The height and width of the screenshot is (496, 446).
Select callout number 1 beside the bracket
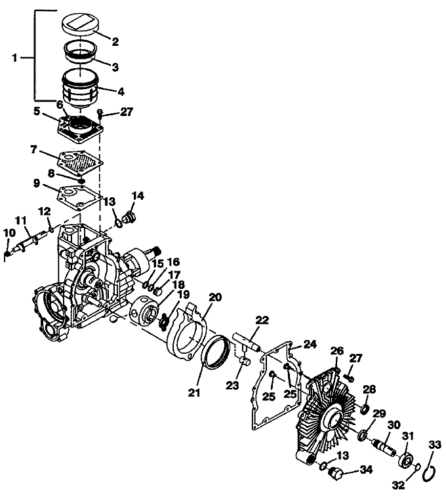(x=14, y=58)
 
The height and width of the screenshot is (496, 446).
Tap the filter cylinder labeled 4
(x=81, y=88)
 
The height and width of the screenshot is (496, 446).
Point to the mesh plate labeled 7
(x=81, y=161)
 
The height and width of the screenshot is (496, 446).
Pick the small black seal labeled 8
(x=82, y=180)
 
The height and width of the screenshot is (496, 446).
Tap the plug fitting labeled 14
(x=129, y=217)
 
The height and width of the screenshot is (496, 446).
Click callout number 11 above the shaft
(x=21, y=220)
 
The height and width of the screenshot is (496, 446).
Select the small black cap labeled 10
(x=7, y=254)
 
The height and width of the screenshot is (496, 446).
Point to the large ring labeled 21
(x=217, y=352)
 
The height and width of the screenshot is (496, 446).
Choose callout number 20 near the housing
(x=216, y=297)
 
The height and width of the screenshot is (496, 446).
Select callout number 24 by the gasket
(x=310, y=344)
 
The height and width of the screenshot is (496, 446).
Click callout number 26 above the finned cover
(x=336, y=351)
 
